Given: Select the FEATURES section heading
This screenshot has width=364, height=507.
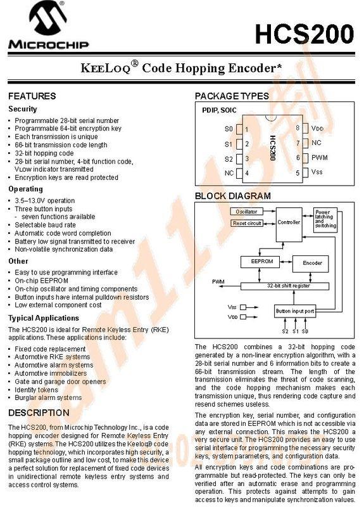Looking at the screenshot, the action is click(x=32, y=96).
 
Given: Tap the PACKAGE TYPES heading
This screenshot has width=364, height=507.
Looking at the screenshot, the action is click(x=232, y=96).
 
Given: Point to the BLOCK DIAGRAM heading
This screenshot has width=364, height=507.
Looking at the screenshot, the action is click(x=232, y=196).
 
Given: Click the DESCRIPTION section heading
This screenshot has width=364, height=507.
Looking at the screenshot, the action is click(x=39, y=413).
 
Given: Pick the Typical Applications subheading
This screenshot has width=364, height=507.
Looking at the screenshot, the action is click(x=43, y=318).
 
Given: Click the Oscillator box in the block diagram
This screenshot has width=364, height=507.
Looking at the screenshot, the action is click(x=247, y=211).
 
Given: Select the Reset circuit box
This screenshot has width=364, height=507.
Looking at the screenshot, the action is click(x=247, y=223).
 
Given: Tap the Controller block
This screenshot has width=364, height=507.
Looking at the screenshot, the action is click(x=289, y=223).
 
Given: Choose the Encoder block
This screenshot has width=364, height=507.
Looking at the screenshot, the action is click(x=312, y=262).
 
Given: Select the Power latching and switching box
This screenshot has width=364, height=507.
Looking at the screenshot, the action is click(x=325, y=219).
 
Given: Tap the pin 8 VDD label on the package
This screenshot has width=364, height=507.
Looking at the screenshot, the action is click(x=317, y=129).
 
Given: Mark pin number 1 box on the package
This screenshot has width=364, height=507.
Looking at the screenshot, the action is click(x=246, y=130).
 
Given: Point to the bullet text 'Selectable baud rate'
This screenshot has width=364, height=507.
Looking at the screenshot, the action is click(x=45, y=225).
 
